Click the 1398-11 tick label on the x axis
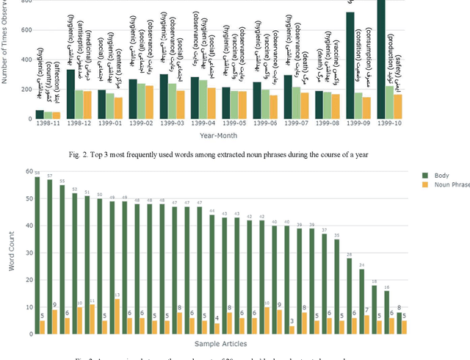[49, 123]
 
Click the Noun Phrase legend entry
[444, 185]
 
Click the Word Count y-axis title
[11, 253]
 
